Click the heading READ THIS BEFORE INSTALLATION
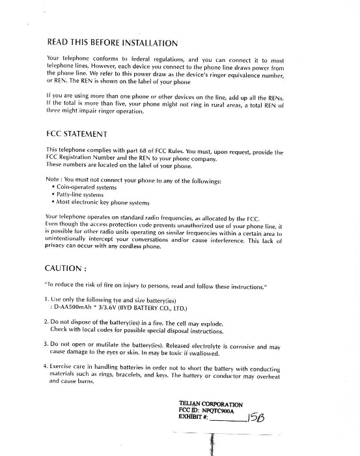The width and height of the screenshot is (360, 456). point(112,44)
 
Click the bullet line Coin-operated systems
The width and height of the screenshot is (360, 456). point(83,186)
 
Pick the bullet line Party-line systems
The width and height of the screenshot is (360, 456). point(79,194)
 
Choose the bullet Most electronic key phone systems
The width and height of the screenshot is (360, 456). point(97,202)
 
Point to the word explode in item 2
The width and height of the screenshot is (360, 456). point(210,323)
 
